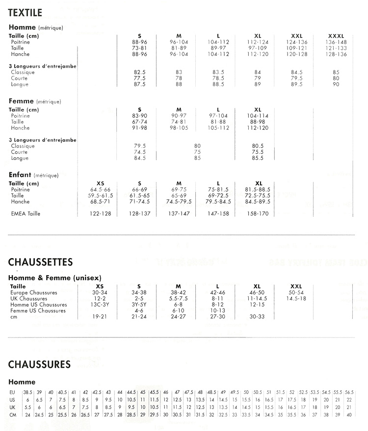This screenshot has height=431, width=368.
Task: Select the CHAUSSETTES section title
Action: [41, 263]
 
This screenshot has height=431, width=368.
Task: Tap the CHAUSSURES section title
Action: [40, 364]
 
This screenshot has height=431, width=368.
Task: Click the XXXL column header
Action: [336, 36]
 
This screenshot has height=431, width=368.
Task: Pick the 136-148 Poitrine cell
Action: [336, 42]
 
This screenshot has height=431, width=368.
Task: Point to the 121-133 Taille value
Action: [336, 48]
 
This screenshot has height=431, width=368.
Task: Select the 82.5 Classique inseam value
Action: [140, 72]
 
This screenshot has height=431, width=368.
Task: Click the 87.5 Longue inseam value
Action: [140, 84]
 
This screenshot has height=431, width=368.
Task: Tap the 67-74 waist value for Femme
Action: [140, 122]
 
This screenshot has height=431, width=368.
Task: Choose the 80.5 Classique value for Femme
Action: [258, 146]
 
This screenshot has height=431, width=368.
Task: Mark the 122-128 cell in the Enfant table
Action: [101, 214]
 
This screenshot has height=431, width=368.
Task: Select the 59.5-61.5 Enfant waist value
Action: [101, 195]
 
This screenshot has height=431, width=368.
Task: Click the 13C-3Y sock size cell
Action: [100, 305]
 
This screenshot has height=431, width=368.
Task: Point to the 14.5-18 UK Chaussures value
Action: [296, 298]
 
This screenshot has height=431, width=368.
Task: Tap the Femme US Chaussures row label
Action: [38, 311]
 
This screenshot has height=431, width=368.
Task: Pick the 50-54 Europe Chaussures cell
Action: [296, 292]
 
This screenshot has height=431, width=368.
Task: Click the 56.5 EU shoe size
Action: [349, 392]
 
